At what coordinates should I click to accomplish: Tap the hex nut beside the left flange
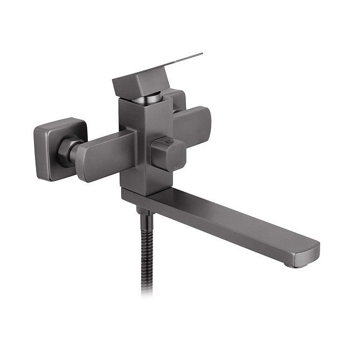pyautogui.click(x=70, y=151)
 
